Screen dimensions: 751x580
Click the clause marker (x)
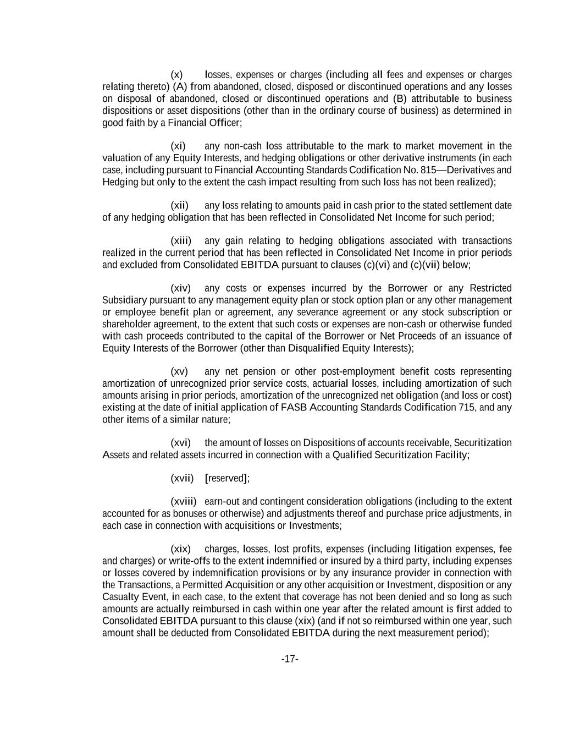(176, 75)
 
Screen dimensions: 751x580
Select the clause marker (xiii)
(181, 241)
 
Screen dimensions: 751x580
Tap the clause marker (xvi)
(180, 443)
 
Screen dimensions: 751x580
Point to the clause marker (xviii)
(183, 502)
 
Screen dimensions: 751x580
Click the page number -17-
(290, 659)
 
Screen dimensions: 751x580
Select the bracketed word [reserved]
(227, 479)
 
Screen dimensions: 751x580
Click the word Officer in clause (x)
(224, 123)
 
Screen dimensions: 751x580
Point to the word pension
(259, 372)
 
